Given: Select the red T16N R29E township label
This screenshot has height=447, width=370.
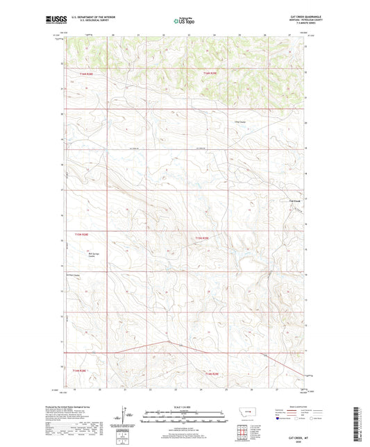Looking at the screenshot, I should (x=210, y=72).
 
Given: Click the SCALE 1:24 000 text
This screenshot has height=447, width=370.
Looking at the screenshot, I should (x=185, y=407).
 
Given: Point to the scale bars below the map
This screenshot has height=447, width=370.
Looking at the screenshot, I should (x=185, y=418).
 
